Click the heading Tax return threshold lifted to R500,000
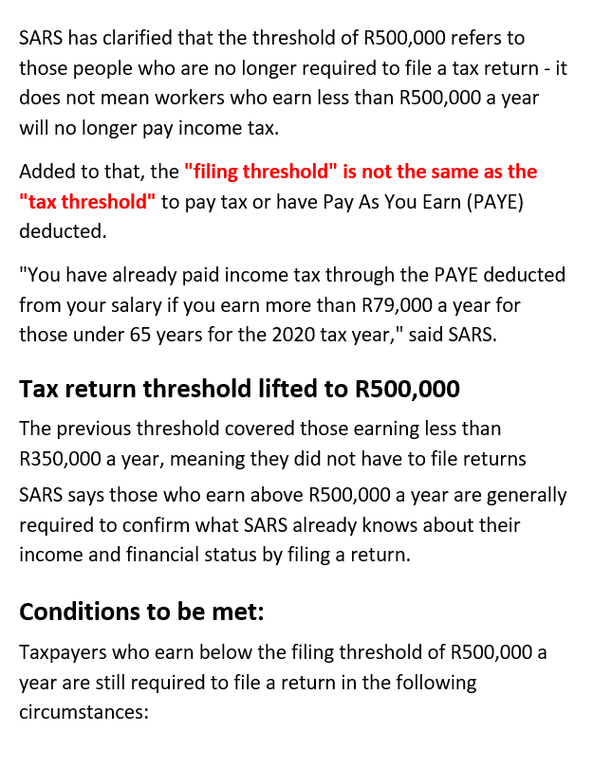239,390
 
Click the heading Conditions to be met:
141,612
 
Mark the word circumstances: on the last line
83,712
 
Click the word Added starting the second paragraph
46,172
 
